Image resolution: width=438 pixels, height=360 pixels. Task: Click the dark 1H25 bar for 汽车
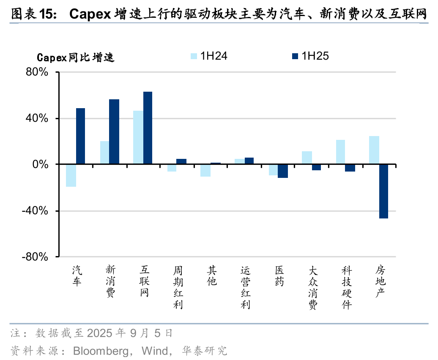point(80,136)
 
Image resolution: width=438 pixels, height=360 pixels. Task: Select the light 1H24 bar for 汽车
point(71,175)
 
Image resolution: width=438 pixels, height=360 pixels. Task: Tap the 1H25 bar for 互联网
point(148,128)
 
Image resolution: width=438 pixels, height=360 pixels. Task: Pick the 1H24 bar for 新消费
point(104,153)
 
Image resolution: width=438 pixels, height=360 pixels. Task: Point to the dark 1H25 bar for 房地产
point(384,191)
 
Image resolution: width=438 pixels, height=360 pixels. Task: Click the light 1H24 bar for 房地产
point(374,150)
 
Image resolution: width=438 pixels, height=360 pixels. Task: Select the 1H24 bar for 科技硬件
point(340,152)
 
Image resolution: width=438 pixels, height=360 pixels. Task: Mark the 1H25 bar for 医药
point(283,171)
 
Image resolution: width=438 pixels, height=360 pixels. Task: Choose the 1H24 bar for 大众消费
point(307,158)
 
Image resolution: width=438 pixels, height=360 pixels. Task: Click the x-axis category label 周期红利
point(178,287)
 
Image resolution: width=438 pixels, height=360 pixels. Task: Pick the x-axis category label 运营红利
point(246,287)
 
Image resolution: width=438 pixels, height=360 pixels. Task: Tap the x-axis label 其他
point(212,275)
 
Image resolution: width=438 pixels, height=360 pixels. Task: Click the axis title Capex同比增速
point(76,57)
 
